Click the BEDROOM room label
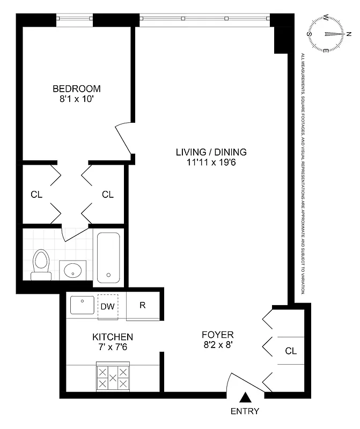tap(76, 88)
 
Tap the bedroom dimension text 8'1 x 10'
tap(76, 99)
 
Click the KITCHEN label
tap(113, 337)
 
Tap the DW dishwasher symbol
tap(107, 307)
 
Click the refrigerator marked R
tap(143, 306)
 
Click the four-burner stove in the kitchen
tap(113, 377)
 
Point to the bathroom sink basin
tap(72, 270)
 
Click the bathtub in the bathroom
tap(109, 257)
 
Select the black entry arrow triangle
tap(245, 397)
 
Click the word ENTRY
tap(245, 411)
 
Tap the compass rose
tap(326, 33)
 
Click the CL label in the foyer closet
tap(291, 351)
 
